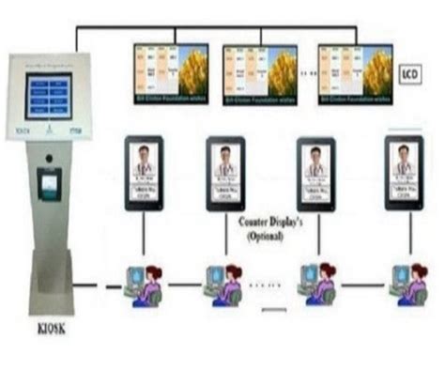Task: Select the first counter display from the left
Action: tap(144, 170)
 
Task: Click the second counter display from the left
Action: tap(225, 170)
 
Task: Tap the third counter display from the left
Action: tap(315, 170)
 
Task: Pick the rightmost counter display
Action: tap(405, 170)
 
